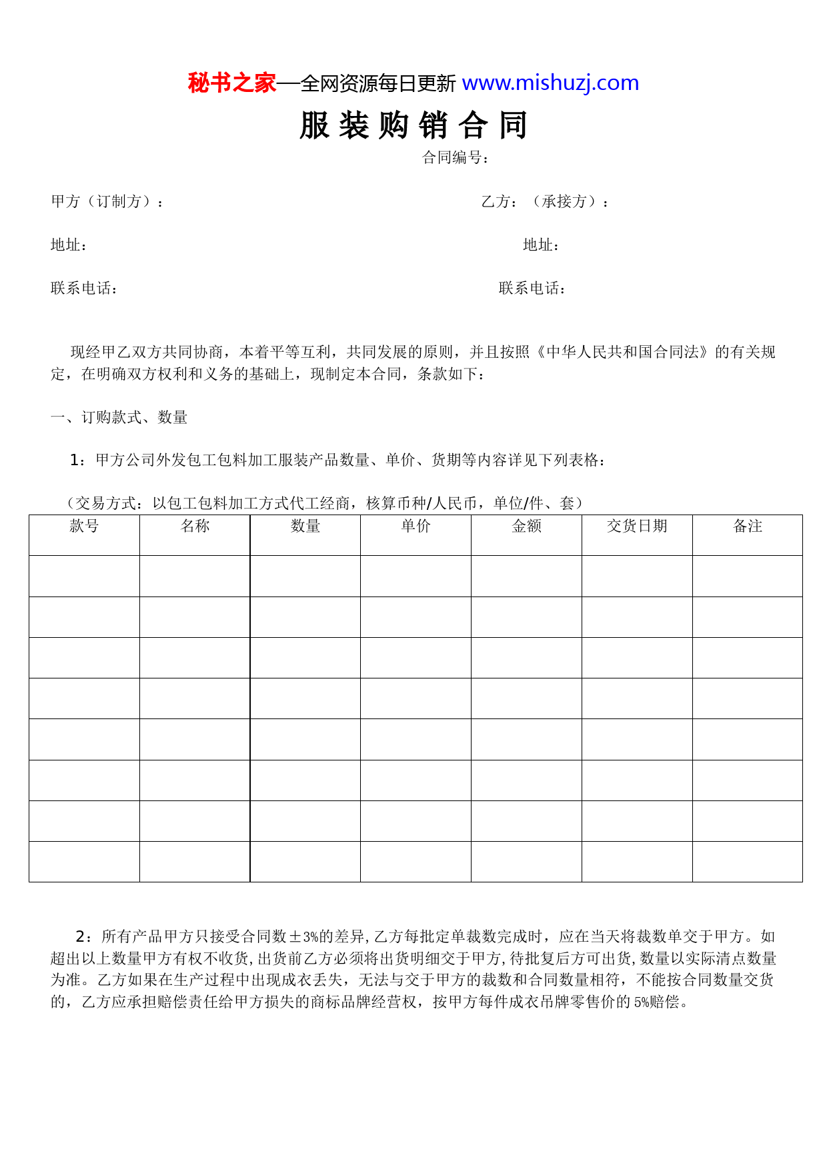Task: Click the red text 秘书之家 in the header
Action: coord(231,83)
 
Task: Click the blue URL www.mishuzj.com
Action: coord(550,83)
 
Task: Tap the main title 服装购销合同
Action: coord(414,125)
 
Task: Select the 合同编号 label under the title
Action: coord(456,157)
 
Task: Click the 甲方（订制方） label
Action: coord(107,201)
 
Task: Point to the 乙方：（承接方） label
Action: coord(545,201)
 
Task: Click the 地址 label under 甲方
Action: coord(69,245)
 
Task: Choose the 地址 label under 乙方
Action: coord(541,245)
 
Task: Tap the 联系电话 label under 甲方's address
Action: coord(84,288)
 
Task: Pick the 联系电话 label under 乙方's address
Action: coord(532,288)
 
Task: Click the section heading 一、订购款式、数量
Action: coord(119,417)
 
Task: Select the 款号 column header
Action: coord(84,527)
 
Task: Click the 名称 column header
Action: coord(195,527)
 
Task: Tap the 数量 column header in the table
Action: coord(305,527)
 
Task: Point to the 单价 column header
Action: coord(416,527)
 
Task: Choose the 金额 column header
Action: coord(526,527)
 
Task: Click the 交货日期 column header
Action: coord(637,527)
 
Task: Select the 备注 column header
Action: coord(747,527)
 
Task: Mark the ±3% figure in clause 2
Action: coord(304,937)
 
